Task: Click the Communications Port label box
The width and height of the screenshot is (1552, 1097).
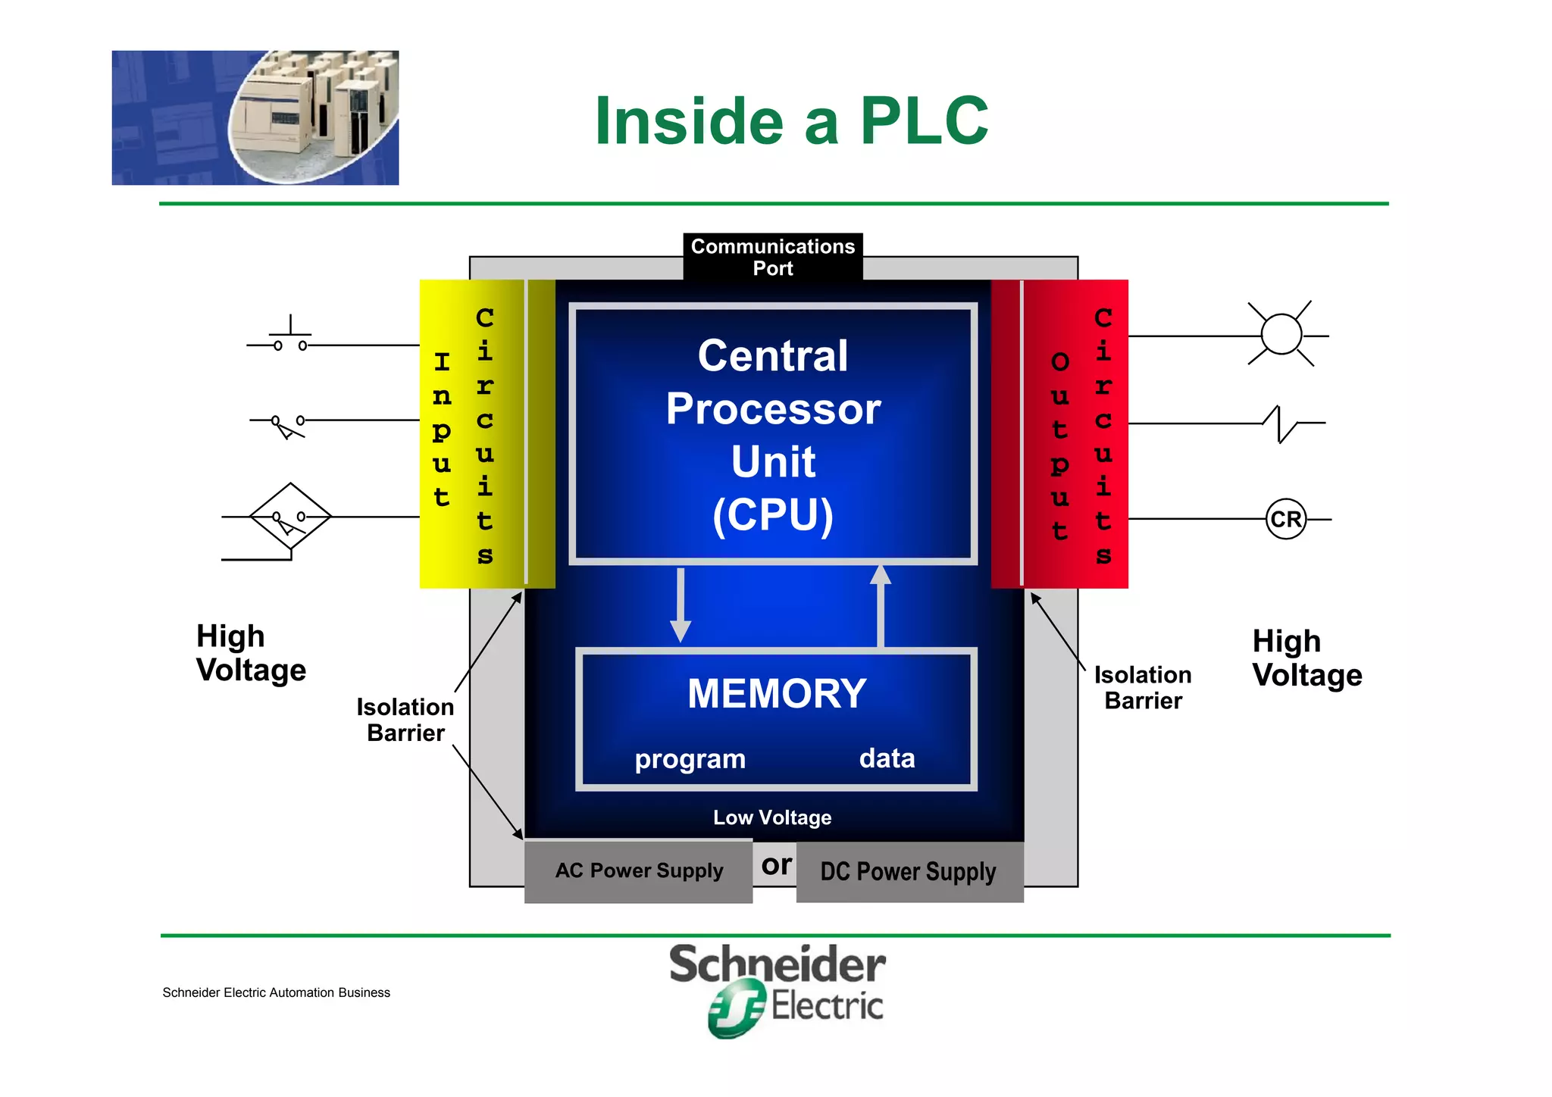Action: pyautogui.click(x=772, y=257)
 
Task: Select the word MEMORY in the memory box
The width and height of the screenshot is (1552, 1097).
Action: pyautogui.click(x=777, y=693)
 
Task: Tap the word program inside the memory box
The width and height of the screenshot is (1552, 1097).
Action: pyautogui.click(x=690, y=759)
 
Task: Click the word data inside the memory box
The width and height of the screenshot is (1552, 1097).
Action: pyautogui.click(x=887, y=758)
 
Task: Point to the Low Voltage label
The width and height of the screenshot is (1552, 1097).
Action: pyautogui.click(x=772, y=817)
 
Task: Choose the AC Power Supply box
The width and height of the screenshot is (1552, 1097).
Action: pyautogui.click(x=638, y=871)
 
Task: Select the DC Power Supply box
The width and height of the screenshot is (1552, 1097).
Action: pyautogui.click(x=909, y=872)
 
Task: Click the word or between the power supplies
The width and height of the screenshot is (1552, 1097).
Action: pyautogui.click(x=776, y=865)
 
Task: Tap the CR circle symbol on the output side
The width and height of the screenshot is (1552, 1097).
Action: pyautogui.click(x=1285, y=519)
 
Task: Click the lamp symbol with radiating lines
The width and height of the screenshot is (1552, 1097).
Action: pyautogui.click(x=1281, y=334)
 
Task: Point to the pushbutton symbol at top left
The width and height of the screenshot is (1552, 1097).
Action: pyautogui.click(x=290, y=339)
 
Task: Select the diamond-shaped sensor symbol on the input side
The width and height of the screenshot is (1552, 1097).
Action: pyautogui.click(x=290, y=517)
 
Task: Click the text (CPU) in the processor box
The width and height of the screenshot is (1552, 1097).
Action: pyautogui.click(x=772, y=515)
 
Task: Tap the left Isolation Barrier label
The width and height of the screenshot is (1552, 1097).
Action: pyautogui.click(x=405, y=720)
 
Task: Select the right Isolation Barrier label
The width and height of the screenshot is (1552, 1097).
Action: pyautogui.click(x=1143, y=688)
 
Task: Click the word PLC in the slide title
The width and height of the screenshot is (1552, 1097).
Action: pyautogui.click(x=924, y=121)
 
